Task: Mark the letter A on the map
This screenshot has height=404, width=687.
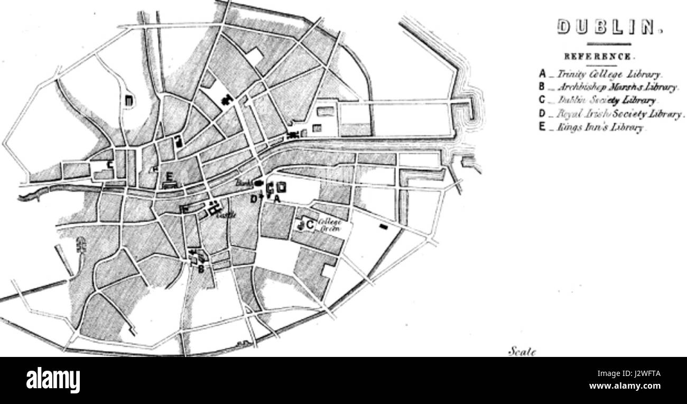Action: (276, 199)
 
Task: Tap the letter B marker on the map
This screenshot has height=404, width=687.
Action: (201, 268)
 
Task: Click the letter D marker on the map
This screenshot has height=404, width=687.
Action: (254, 199)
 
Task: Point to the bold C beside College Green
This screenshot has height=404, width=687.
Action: (311, 226)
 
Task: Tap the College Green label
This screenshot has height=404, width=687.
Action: (330, 226)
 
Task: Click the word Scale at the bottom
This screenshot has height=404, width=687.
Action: (521, 351)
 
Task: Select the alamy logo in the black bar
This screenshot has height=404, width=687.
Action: (53, 380)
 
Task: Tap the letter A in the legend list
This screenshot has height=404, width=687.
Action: (542, 75)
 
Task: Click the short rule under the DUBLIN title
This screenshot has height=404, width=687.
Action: (609, 44)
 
